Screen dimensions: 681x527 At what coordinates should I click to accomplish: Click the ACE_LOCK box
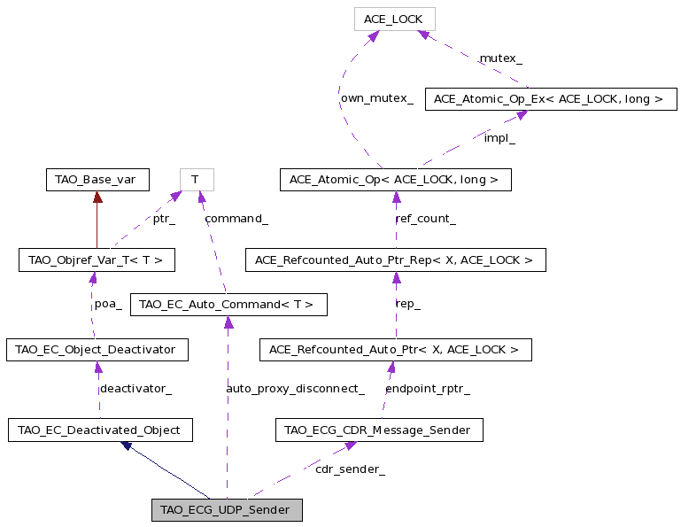point(394,19)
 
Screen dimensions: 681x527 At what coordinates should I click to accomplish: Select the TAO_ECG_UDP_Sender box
point(227,509)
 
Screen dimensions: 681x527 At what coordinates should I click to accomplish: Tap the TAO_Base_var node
point(97,180)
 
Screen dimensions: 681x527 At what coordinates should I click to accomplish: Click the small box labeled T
point(197,180)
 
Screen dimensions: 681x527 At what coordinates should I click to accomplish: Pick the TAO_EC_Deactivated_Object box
point(100,430)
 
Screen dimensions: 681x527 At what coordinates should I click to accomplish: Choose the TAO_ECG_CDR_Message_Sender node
point(379,430)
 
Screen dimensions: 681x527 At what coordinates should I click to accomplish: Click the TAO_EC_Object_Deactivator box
point(97,350)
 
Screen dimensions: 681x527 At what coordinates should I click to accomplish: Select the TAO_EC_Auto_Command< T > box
point(228,305)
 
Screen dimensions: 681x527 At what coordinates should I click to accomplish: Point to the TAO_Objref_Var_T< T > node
point(97,260)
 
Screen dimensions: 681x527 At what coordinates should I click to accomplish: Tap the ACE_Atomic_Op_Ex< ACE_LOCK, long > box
point(551,99)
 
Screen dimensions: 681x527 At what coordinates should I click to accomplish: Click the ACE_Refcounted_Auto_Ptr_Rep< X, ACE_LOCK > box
point(396,260)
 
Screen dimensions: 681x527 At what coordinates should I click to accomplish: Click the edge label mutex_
point(500,58)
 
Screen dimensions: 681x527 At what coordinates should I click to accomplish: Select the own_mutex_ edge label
point(377,98)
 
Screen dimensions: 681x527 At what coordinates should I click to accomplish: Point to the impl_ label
point(499,138)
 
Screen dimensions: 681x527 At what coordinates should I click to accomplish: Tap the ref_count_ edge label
point(426,219)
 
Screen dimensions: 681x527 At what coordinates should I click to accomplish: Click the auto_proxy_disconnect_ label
point(295,389)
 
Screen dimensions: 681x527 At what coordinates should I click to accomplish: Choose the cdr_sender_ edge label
point(350,469)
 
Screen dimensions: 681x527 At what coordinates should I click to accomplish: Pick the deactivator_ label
point(136,389)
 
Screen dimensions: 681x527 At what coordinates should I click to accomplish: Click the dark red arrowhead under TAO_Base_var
point(97,197)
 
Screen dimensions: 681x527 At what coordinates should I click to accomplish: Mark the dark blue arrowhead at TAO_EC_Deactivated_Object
point(127,446)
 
